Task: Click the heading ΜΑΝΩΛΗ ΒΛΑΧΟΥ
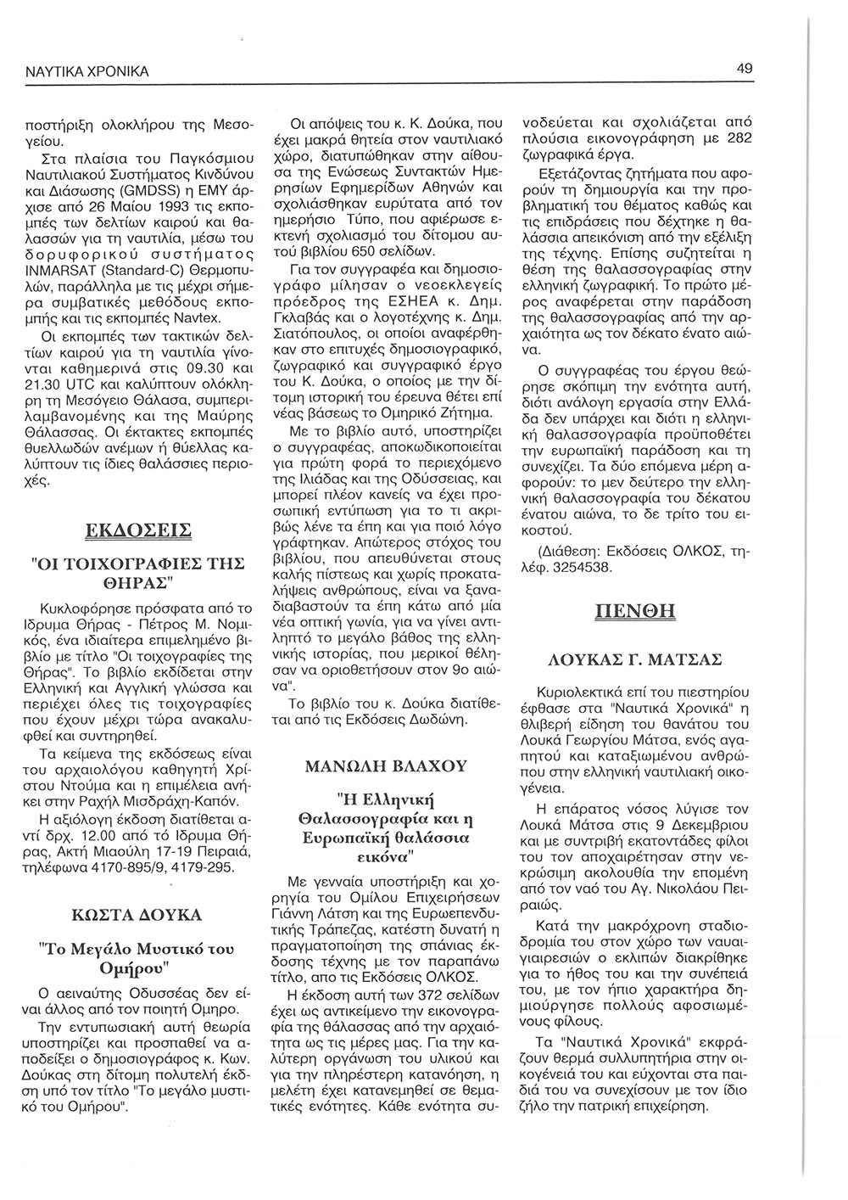(x=386, y=765)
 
